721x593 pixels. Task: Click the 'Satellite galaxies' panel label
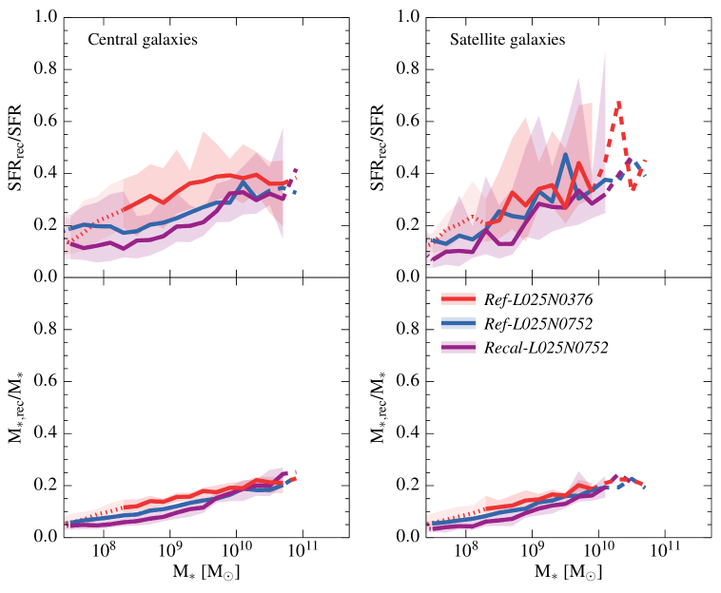507,40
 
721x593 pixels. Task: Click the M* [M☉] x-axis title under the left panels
198,575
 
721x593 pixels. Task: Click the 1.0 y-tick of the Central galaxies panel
48,18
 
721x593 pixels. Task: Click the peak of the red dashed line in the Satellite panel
619,102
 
